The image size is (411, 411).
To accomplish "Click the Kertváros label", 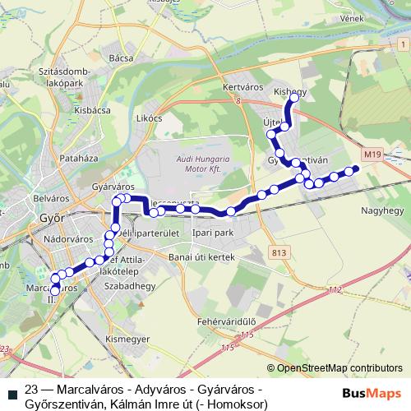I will click(241, 85).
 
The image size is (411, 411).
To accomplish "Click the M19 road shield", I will click(373, 152).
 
